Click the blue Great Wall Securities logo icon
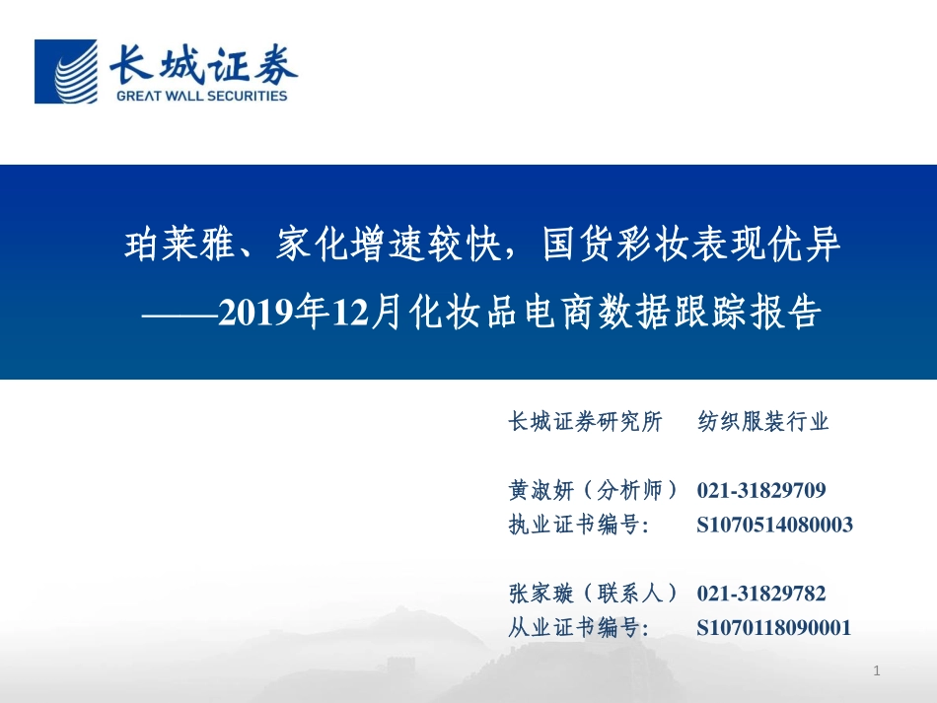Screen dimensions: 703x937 (x=66, y=71)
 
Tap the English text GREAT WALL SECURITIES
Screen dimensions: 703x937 (x=201, y=96)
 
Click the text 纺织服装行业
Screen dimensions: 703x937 (x=763, y=422)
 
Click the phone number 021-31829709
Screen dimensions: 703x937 (x=761, y=490)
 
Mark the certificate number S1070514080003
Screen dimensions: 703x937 (x=774, y=525)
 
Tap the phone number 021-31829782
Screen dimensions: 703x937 (x=761, y=594)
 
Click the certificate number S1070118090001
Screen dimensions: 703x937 (x=773, y=627)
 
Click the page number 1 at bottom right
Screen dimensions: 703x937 (x=876, y=671)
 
